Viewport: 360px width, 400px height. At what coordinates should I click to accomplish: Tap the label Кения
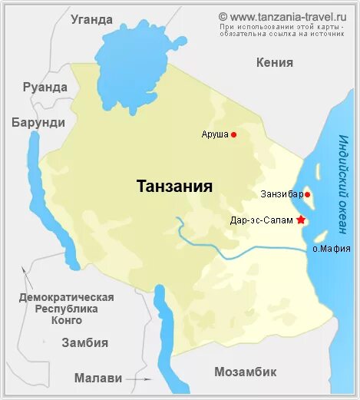tap(275, 62)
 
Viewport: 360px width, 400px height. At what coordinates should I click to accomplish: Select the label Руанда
tap(45, 87)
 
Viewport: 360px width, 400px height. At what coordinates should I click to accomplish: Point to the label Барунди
tap(38, 122)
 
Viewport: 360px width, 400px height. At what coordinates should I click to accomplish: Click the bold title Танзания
tap(174, 187)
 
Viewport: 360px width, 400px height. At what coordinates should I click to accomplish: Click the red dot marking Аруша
tap(234, 134)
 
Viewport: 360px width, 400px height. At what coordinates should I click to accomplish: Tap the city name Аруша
tap(215, 134)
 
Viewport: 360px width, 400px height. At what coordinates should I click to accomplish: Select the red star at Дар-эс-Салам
tap(301, 220)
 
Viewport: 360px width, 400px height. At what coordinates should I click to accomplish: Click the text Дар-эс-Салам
tap(262, 220)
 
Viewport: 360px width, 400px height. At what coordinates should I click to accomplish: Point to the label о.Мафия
tap(332, 248)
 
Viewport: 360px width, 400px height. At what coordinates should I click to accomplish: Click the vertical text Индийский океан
tap(342, 181)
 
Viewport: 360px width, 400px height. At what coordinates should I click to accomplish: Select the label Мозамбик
tap(244, 372)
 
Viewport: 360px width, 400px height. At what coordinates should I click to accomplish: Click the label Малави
tap(97, 378)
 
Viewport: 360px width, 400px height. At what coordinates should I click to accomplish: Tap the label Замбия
tap(84, 343)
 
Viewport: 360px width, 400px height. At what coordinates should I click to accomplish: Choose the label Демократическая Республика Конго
tap(67, 309)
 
